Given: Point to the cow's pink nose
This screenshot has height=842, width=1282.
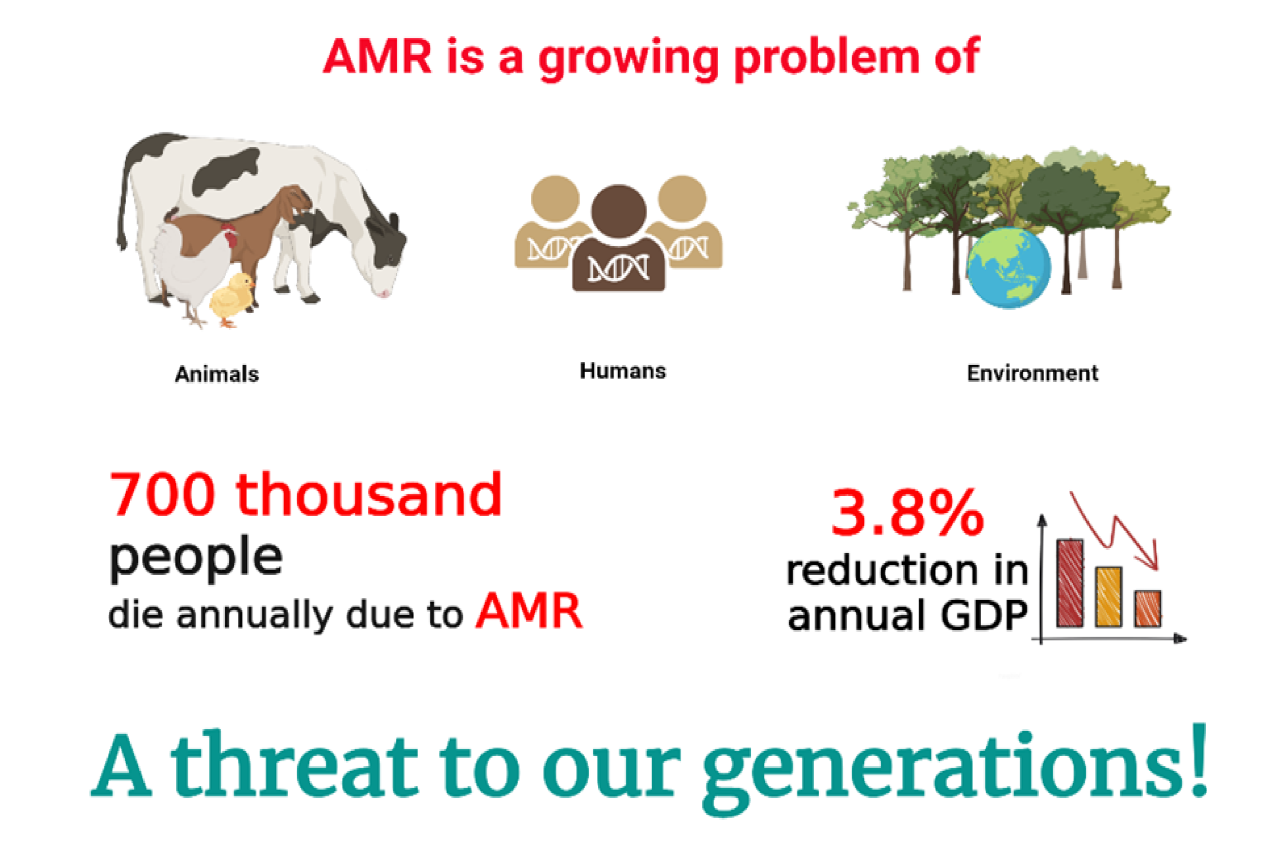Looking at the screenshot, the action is tap(384, 293).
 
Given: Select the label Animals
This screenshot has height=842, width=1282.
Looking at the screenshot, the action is tap(217, 374).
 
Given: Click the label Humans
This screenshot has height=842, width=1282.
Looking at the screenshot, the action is tap(623, 370).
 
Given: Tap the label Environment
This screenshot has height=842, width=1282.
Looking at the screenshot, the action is tap(1032, 373).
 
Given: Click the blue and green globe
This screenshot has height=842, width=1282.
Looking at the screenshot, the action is tap(1009, 268).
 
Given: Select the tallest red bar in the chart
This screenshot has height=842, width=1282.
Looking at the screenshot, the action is tap(1070, 582).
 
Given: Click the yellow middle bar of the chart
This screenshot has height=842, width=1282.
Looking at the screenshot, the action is tap(1109, 596).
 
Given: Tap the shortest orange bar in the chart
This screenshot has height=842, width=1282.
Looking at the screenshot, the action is tap(1147, 608).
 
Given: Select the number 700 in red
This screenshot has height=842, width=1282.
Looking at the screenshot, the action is tap(162, 494).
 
